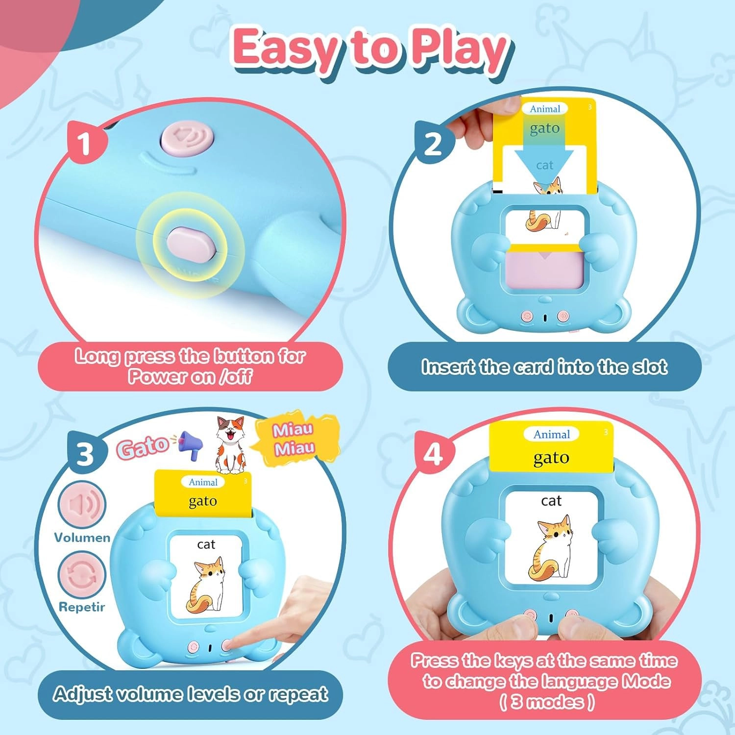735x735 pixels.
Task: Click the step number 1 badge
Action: click(x=85, y=144)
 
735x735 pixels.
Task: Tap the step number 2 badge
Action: click(x=432, y=145)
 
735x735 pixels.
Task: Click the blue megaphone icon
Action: click(x=191, y=444)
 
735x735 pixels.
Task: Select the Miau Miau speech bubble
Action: click(x=294, y=439)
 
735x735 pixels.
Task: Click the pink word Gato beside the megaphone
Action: click(x=142, y=447)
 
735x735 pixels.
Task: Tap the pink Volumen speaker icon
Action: click(x=82, y=505)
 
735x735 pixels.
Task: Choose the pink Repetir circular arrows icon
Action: click(x=82, y=574)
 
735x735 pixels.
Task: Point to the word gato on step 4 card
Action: click(x=551, y=458)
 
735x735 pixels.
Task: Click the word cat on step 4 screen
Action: click(x=551, y=501)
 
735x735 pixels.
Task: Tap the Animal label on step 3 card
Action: click(x=203, y=482)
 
